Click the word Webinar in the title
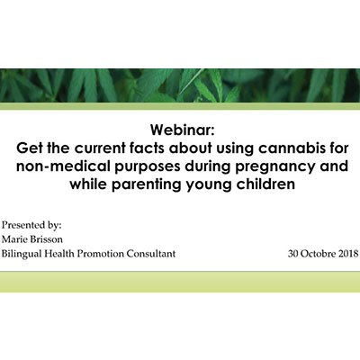[x=183, y=130]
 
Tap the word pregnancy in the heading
[x=274, y=166]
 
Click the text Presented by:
[x=31, y=225]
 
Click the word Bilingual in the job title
[x=22, y=254]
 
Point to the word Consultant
[x=150, y=254]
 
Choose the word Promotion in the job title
[x=100, y=254]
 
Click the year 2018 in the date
[x=348, y=254]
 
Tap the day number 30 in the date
[x=292, y=254]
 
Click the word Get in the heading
[x=28, y=148]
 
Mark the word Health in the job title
[x=59, y=254]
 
